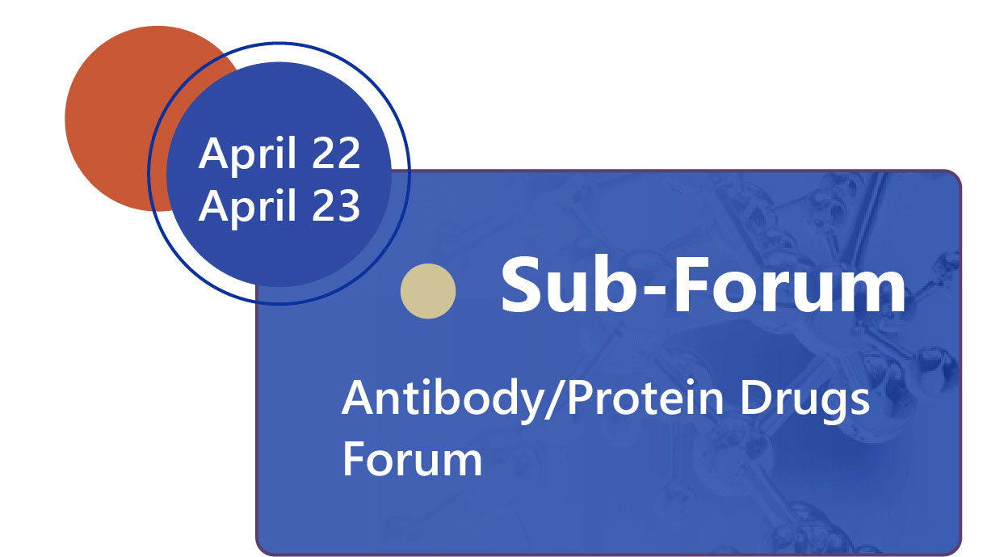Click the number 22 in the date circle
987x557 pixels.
point(336,153)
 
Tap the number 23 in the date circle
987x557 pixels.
point(336,205)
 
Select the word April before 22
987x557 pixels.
point(247,156)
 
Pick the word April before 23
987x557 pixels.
point(247,208)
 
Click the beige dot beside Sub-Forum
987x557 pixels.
point(428,291)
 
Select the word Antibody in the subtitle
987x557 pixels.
point(442,400)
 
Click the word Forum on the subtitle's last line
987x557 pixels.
point(412,459)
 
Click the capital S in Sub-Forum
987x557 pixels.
point(521,285)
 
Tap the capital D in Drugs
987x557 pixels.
point(757,398)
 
